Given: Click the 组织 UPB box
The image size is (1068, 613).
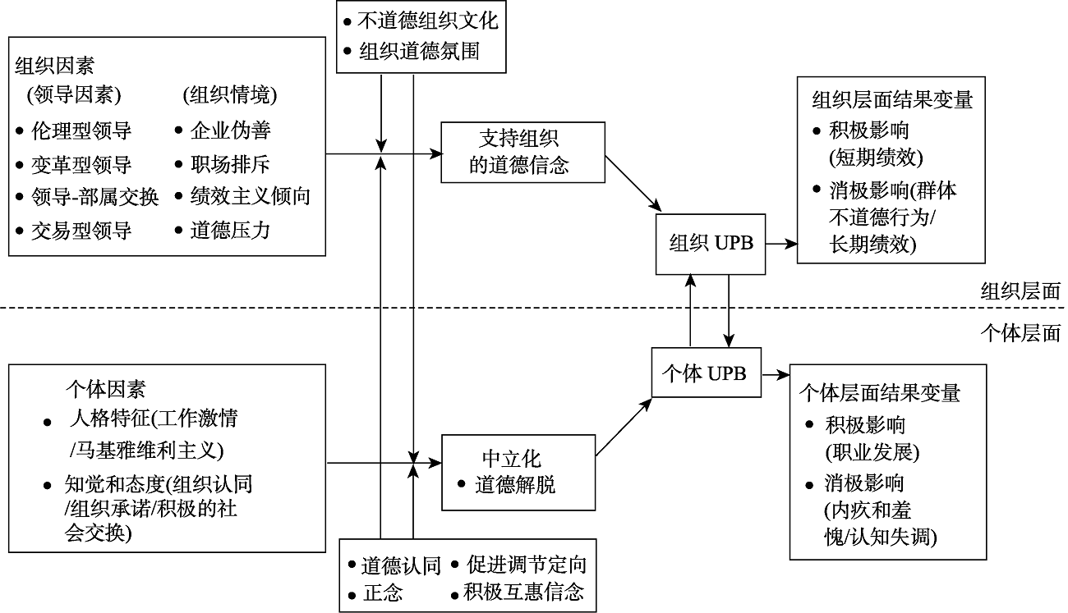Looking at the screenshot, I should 711,244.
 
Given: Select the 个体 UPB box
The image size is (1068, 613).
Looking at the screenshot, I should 705,373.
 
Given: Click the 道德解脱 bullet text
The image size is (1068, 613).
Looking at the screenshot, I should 515,485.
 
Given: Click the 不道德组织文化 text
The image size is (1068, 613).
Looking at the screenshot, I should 428,21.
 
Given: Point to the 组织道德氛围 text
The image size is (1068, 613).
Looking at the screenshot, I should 419,52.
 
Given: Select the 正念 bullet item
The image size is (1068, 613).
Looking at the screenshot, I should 382,592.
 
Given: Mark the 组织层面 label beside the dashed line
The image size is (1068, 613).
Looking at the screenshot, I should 1020,290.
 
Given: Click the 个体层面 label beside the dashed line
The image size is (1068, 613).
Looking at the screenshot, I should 1020,333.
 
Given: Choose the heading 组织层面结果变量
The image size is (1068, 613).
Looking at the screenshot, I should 892,100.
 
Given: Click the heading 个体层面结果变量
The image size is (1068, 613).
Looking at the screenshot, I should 880,394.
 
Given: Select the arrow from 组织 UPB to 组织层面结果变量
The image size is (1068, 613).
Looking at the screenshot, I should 781,244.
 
